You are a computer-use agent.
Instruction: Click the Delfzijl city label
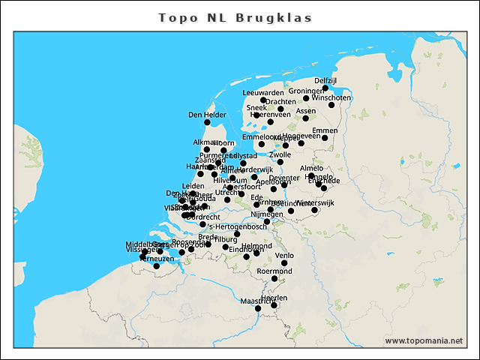tap(325, 80)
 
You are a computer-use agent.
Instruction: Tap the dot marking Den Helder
tap(207, 122)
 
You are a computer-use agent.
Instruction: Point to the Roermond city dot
tap(274, 279)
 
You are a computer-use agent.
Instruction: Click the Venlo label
tap(284, 255)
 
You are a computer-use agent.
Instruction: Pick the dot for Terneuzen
tap(156, 266)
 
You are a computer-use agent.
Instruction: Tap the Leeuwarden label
tap(263, 92)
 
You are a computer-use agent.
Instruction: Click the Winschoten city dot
tap(331, 105)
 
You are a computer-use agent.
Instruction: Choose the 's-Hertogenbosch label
tap(237, 226)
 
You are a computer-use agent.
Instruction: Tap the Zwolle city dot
tap(280, 162)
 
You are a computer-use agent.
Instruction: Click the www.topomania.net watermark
tap(424, 340)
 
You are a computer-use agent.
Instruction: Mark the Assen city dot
tap(305, 118)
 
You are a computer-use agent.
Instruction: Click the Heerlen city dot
tap(274, 305)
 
